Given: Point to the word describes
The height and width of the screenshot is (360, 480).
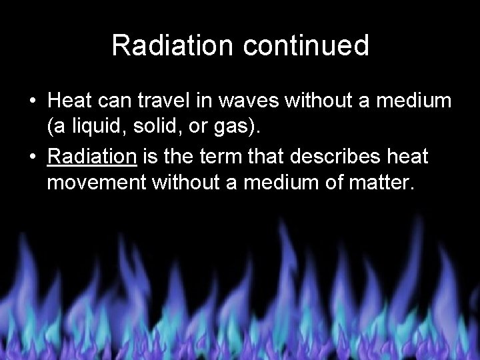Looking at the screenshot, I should point(343,157).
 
